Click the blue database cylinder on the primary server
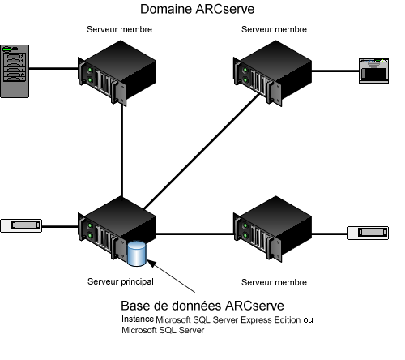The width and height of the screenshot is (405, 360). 137,253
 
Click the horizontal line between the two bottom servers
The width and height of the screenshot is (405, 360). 194,234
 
